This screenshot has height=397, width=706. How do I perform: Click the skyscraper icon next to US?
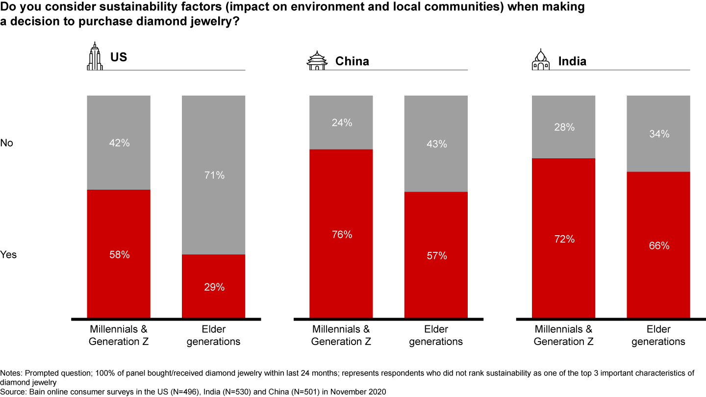coord(95,56)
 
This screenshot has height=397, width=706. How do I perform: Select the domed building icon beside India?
coord(541,60)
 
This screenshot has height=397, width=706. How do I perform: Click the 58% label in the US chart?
coord(119,255)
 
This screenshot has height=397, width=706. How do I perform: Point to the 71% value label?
coord(214,175)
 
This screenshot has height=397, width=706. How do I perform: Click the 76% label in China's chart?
coord(341,235)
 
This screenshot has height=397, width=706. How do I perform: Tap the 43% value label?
coord(436,144)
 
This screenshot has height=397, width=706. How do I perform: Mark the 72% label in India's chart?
coord(564,239)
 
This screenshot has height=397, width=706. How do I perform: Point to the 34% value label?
coord(659,133)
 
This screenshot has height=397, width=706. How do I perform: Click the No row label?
coord(6,143)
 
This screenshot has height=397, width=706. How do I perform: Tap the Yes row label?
coord(8,255)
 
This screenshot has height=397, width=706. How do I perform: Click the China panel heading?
coord(352,61)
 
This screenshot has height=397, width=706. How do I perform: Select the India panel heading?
coord(572,61)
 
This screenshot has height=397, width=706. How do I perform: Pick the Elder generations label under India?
coord(658,335)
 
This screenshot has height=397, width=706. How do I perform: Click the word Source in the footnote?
coord(12,391)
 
